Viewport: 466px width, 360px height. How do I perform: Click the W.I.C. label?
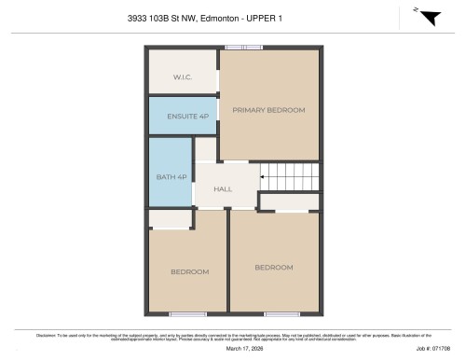[x=183, y=76]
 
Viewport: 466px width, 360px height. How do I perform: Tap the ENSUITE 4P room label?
[x=183, y=116]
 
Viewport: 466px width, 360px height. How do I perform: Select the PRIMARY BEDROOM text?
[x=268, y=110]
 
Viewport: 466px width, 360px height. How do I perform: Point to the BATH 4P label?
[x=171, y=176]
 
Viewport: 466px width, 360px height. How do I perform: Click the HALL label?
[x=223, y=189]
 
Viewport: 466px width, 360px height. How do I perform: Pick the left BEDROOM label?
[x=189, y=271]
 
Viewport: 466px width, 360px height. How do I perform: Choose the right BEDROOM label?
[x=274, y=267]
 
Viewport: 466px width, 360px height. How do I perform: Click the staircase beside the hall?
[x=289, y=175]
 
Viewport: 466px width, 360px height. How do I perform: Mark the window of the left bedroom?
[x=187, y=314]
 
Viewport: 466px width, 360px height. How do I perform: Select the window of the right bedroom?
[x=281, y=314]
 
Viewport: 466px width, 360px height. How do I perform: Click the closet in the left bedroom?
[x=170, y=219]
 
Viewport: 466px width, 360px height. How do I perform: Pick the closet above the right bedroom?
[x=289, y=201]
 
